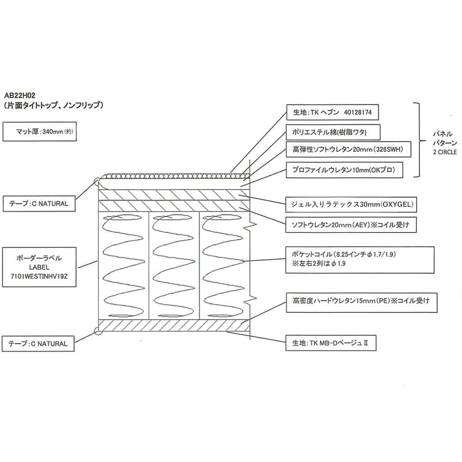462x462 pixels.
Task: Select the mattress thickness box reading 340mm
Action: pyautogui.click(x=38, y=131)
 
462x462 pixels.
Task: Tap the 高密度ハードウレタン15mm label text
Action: pyautogui.click(x=358, y=301)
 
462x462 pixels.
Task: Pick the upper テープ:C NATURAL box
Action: pyautogui.click(x=38, y=203)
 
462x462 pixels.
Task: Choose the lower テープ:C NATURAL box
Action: pyautogui.click(x=38, y=344)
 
